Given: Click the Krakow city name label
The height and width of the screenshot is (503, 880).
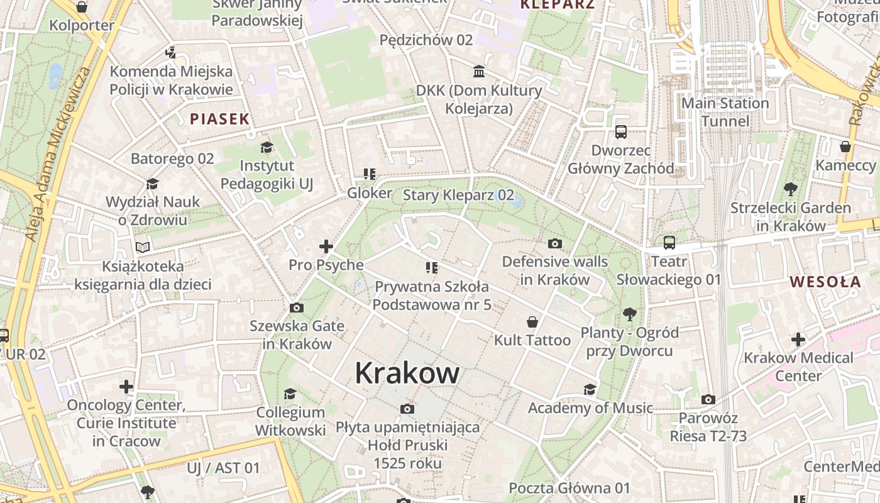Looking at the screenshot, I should [407, 373].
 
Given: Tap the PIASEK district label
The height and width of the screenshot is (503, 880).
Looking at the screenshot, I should [220, 118].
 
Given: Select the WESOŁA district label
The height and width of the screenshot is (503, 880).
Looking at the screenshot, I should [825, 281].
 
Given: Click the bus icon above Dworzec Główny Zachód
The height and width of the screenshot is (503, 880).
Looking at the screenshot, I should [621, 132].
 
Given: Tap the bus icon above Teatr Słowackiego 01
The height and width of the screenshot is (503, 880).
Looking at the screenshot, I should [669, 243].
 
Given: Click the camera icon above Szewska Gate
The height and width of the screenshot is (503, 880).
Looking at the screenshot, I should [297, 308].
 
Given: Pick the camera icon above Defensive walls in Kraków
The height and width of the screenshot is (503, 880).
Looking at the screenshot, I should [555, 243].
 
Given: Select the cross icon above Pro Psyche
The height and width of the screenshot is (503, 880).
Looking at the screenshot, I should [326, 246].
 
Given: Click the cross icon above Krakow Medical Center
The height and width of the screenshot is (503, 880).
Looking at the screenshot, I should [798, 340].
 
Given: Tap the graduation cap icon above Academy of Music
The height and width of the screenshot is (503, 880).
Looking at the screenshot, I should [590, 390].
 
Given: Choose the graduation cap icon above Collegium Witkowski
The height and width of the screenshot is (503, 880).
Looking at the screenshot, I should [290, 394].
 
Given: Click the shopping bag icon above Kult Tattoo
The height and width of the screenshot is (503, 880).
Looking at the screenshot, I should [532, 322].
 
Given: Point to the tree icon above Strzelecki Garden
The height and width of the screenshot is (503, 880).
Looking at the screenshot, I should [791, 189].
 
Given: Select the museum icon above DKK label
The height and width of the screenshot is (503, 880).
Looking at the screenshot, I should [479, 72].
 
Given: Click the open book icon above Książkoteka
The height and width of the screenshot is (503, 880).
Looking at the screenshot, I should [143, 248].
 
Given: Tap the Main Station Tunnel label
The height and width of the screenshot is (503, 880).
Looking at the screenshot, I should [725, 112].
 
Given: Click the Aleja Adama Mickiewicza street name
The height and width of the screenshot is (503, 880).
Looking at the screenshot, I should [58, 154].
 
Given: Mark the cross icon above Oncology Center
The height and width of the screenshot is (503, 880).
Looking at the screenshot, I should [126, 386].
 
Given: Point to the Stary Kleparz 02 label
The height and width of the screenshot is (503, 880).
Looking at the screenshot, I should [458, 195].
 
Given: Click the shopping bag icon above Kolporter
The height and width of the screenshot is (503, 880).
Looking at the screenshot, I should [82, 8].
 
